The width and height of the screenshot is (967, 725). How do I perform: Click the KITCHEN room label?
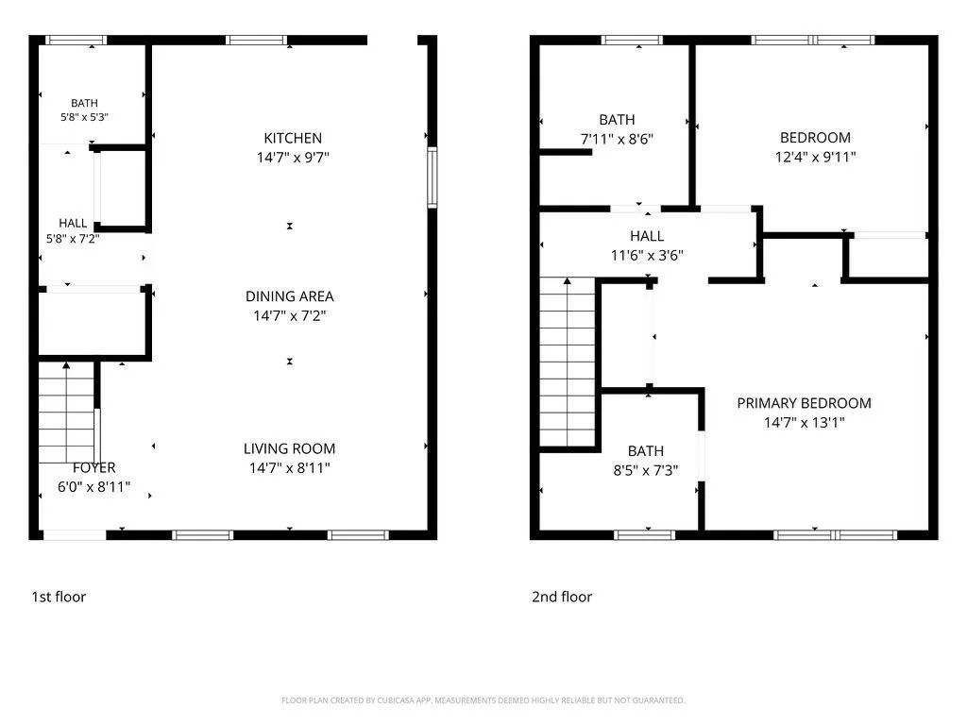point(293,138)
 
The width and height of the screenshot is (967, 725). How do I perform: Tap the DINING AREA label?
point(290,296)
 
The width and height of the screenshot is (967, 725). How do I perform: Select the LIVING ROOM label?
point(289,448)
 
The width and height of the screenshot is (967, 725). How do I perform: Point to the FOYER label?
point(93,468)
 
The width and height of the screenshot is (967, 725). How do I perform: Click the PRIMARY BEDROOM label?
point(805,403)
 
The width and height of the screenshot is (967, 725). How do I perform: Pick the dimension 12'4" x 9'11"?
point(815,157)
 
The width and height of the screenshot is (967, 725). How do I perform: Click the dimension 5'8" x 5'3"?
point(84,117)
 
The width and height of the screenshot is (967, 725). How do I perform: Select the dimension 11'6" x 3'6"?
point(647,255)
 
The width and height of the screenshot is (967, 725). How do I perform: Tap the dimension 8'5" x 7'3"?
point(646,470)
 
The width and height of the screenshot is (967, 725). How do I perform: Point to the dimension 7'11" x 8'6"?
point(617,140)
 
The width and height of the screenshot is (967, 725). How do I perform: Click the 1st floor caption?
point(59,597)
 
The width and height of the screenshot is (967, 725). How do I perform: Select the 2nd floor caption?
point(562,597)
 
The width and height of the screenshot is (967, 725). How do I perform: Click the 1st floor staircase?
point(66,413)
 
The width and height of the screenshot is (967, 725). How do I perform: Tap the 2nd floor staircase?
point(568,362)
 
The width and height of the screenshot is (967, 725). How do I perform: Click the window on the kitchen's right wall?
point(433,177)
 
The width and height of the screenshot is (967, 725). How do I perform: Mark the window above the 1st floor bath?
point(76,40)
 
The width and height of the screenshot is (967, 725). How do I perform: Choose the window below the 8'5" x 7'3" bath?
point(644,535)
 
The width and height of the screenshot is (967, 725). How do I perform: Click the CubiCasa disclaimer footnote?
point(483,700)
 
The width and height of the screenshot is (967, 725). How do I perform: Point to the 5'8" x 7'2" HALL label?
point(73,231)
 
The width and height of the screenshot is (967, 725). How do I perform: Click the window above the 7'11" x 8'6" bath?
point(632,40)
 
